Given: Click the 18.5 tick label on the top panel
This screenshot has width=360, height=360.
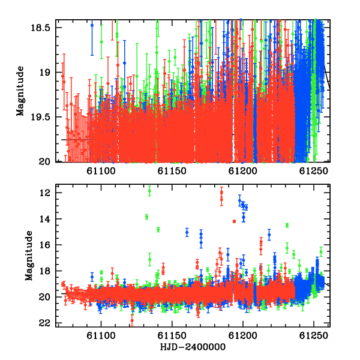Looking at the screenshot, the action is click(x=40, y=28).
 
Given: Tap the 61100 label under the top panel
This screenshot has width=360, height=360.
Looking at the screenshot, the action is click(x=101, y=171).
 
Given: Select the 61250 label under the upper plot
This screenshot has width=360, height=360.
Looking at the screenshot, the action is click(x=314, y=171).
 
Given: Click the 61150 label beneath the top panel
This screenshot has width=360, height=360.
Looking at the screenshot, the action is click(x=172, y=171).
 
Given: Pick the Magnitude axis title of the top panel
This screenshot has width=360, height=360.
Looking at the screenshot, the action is click(x=20, y=91).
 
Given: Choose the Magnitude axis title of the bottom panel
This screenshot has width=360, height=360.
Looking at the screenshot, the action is click(x=29, y=256).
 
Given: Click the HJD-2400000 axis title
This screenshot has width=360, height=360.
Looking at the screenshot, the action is click(x=193, y=347).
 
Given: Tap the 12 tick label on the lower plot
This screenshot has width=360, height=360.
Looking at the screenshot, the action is click(x=44, y=193).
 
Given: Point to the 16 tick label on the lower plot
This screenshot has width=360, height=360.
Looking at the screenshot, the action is click(x=44, y=245).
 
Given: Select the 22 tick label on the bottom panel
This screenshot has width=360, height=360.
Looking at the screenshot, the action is click(x=44, y=323).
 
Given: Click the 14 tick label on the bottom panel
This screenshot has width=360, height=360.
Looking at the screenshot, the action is click(x=44, y=219).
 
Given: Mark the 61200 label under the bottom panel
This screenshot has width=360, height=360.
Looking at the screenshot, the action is click(x=242, y=336).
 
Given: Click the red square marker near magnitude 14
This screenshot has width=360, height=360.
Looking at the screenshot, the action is click(x=234, y=221).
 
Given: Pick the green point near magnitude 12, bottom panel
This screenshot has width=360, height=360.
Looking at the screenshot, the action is click(x=149, y=191).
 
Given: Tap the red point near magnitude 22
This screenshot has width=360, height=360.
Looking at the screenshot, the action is click(x=132, y=320).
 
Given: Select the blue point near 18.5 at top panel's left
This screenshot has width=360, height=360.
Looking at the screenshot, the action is click(x=92, y=25).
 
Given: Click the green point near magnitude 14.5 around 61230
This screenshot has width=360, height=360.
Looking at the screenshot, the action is click(x=287, y=225).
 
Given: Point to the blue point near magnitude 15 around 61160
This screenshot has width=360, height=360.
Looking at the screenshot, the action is click(x=187, y=232).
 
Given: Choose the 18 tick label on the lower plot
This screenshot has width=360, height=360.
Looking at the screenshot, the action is click(x=44, y=271).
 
